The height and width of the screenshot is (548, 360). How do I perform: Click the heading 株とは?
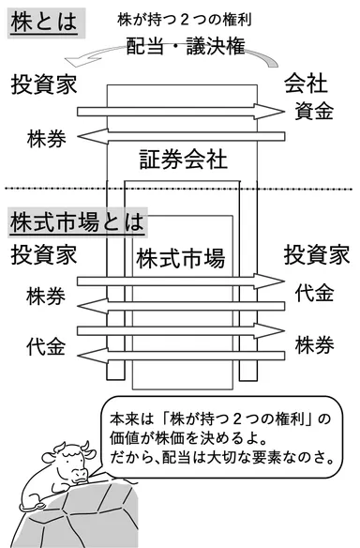41,20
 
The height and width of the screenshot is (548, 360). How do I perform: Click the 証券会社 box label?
183,158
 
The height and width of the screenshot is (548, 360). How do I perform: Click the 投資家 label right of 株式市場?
317,254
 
